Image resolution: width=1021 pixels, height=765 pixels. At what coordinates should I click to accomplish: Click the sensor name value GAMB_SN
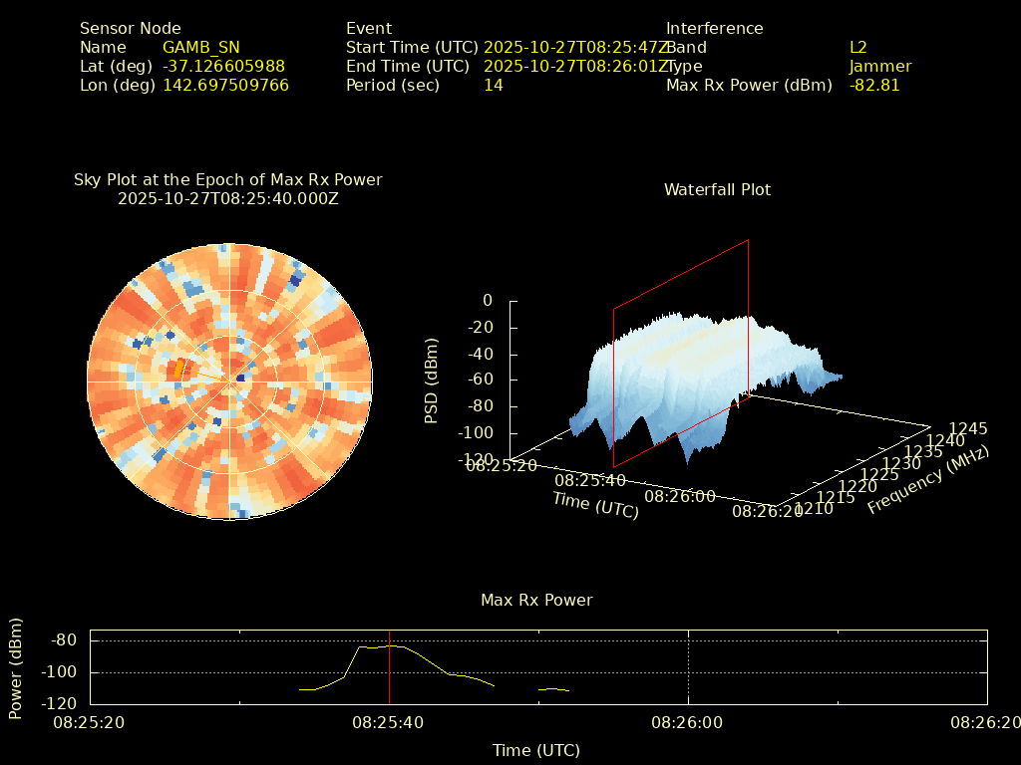click(x=200, y=47)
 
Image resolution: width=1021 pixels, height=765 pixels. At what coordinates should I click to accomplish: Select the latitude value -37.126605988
click(x=223, y=66)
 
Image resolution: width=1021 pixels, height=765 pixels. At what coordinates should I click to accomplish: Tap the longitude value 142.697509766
click(x=225, y=85)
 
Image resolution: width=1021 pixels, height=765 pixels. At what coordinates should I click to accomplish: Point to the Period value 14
click(x=493, y=85)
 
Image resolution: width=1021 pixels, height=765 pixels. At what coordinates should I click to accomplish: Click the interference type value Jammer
click(x=880, y=66)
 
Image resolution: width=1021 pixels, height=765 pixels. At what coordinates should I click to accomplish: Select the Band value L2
click(x=857, y=47)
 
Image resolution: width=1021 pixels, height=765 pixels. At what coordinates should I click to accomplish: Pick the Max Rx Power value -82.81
click(x=874, y=85)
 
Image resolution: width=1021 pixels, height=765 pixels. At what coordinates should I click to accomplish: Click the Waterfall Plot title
click(x=717, y=189)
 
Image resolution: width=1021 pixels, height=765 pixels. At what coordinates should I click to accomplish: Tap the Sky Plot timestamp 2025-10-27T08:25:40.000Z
click(x=227, y=198)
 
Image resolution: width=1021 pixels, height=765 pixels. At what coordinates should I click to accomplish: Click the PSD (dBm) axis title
click(x=432, y=380)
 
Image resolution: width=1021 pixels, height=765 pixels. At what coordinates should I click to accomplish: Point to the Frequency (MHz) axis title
click(x=928, y=480)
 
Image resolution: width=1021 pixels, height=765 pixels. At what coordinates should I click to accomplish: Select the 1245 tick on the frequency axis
click(x=968, y=428)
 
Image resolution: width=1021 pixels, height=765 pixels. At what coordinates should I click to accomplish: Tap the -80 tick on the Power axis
click(x=64, y=639)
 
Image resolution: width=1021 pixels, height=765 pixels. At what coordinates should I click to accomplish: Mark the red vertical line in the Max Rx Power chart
click(x=389, y=667)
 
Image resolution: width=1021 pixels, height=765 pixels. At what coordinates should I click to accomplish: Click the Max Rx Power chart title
click(x=536, y=600)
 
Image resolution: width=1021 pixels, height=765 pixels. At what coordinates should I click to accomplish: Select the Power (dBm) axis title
click(x=16, y=667)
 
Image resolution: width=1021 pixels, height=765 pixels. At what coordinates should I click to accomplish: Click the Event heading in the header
click(x=369, y=28)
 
